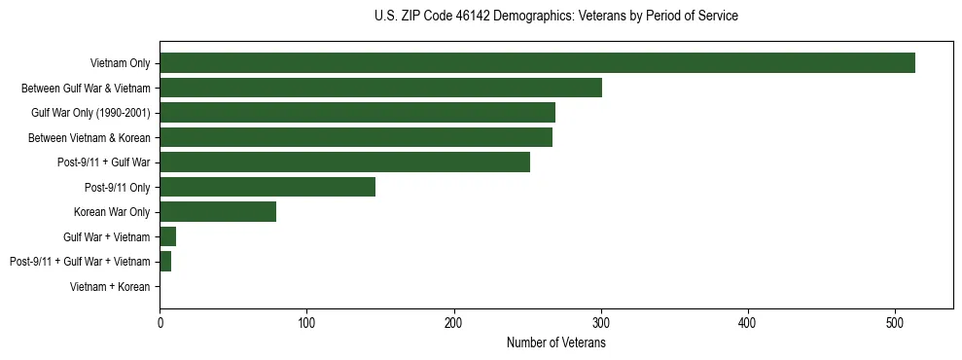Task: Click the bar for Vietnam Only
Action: tap(537, 63)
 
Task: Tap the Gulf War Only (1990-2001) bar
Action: tap(357, 113)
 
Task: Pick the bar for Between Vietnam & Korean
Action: tap(356, 137)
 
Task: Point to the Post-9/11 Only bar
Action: tap(267, 187)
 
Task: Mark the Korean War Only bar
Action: tap(218, 211)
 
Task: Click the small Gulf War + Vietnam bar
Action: tap(167, 236)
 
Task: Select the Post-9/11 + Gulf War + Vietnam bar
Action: tap(165, 261)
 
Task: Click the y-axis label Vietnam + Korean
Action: tap(110, 286)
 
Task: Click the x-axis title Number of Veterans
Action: tap(556, 342)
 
